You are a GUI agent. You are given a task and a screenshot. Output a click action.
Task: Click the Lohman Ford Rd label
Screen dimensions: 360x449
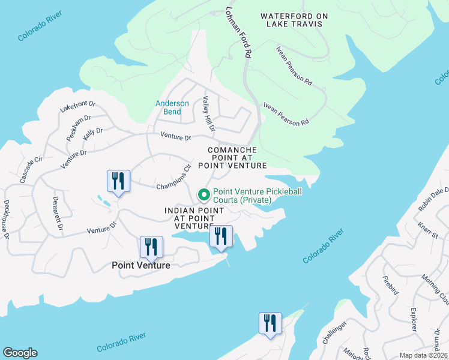coord(238,33)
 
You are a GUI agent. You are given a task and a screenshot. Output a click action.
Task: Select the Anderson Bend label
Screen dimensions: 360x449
coord(172,107)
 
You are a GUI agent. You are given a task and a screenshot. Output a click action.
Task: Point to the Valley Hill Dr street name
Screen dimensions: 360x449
coord(208,113)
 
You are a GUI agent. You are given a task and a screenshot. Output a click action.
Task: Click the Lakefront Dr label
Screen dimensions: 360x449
coord(78,106)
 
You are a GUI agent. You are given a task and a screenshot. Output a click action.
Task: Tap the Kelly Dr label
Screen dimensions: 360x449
coord(92,134)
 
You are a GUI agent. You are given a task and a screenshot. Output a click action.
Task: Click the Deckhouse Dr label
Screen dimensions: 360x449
coord(7,220)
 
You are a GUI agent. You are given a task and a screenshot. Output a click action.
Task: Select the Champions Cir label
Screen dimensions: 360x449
coord(173,178)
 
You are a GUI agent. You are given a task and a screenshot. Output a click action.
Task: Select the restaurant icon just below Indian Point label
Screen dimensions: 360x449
coord(220,236)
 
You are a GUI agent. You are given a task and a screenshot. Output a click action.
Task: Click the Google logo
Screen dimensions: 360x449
coord(20,353)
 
